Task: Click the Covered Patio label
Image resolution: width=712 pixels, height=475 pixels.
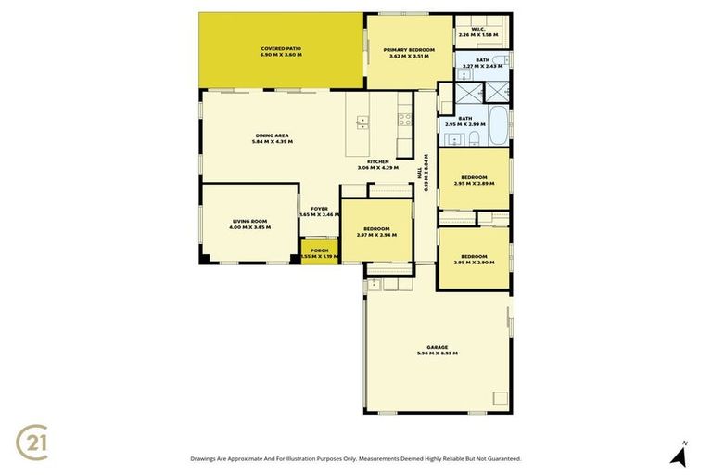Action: point(281,51)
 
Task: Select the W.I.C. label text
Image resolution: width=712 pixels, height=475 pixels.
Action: point(478,29)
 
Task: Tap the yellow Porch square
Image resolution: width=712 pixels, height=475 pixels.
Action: point(320,252)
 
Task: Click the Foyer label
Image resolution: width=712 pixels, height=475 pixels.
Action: point(320,209)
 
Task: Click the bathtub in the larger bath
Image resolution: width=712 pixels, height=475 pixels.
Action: point(498,126)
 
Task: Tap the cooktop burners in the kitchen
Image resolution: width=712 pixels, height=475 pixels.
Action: point(404,119)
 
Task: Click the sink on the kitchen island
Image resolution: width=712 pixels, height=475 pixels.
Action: point(361,121)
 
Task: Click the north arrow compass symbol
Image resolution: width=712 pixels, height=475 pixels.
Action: point(679,455)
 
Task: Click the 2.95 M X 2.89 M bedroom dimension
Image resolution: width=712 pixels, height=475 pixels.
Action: point(474,183)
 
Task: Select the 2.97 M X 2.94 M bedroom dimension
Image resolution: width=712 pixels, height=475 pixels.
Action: point(375,235)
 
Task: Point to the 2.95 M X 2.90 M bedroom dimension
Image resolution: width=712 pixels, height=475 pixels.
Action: point(474,263)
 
